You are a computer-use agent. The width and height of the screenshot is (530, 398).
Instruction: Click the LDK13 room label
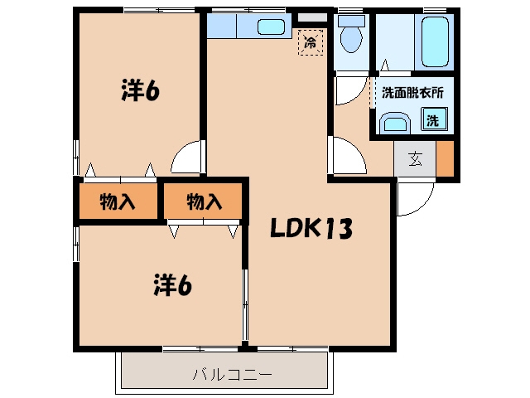(311, 228)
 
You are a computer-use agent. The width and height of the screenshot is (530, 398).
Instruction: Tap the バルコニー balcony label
(232, 375)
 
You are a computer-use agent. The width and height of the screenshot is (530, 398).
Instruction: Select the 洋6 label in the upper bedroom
(140, 90)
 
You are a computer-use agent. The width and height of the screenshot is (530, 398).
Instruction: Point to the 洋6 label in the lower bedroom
(172, 285)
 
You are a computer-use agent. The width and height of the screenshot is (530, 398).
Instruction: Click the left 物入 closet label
(118, 201)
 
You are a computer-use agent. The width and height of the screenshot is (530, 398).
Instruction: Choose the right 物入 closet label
(205, 201)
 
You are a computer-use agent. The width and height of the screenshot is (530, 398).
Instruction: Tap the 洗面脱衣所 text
(412, 93)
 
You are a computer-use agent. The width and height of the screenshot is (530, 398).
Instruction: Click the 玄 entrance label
(415, 159)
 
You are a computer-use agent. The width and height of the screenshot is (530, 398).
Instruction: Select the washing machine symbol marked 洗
(434, 119)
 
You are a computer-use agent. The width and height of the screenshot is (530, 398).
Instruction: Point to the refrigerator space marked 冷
(311, 42)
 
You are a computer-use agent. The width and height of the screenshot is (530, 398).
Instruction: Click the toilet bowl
(351, 34)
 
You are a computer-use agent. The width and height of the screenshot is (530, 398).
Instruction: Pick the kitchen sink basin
(271, 27)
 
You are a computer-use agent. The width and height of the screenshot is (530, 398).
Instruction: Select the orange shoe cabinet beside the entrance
(445, 158)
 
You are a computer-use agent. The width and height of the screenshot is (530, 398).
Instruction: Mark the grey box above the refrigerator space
(312, 17)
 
